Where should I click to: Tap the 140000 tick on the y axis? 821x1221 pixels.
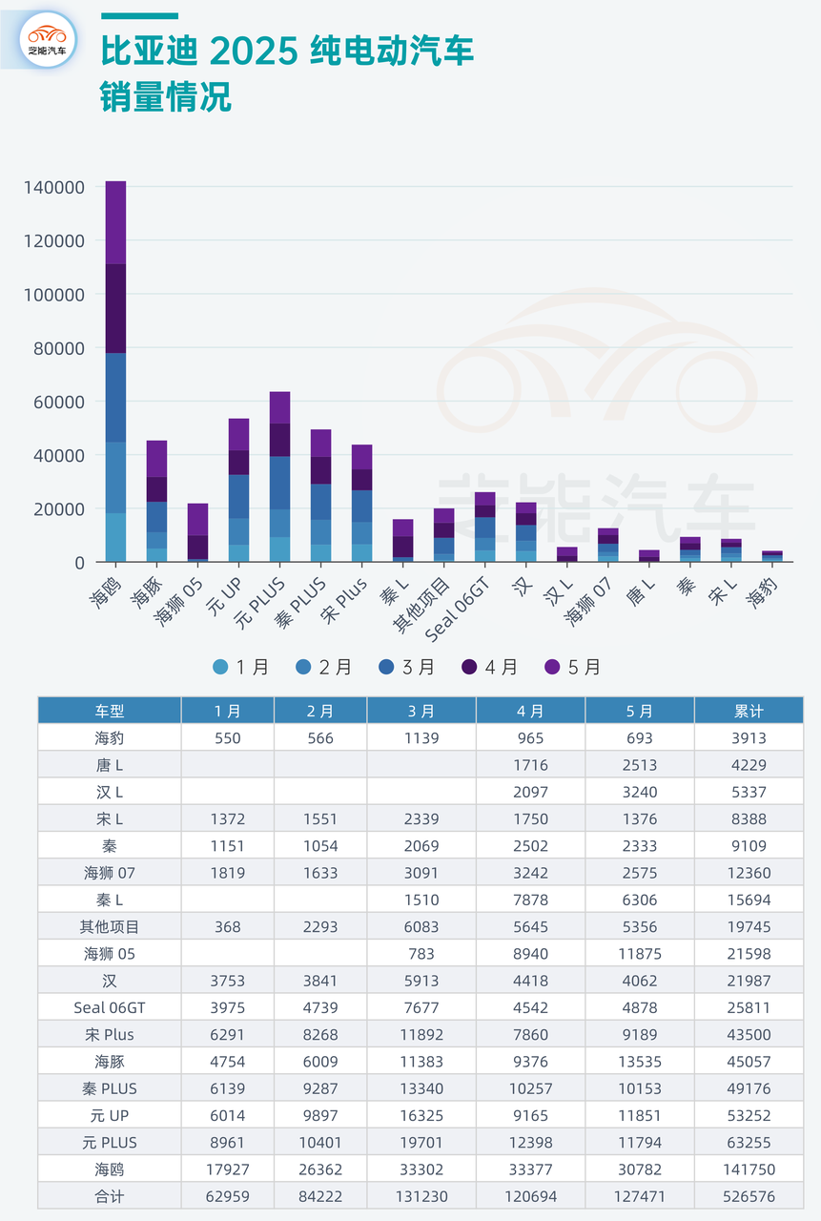coord(54,188)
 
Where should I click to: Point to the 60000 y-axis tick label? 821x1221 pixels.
coord(59,402)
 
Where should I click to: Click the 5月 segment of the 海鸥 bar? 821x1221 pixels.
coord(115,221)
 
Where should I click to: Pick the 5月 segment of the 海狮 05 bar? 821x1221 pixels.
coord(197,519)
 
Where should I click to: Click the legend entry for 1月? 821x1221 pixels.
coord(242,668)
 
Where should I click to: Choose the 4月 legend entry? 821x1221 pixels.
coord(490,668)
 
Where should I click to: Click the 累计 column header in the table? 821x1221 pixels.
coord(749,711)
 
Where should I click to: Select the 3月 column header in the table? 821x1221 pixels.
coord(421,711)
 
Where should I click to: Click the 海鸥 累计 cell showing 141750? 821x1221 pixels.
coord(749,1169)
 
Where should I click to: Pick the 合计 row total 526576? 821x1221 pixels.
coord(749,1196)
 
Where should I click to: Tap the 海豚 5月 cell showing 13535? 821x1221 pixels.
coord(640,1061)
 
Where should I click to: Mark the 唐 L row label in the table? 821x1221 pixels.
coord(109,764)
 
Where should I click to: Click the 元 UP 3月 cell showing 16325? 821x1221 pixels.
coord(421,1115)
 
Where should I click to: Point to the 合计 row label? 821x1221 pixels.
coord(109,1196)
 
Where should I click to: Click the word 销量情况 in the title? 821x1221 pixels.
coord(166,96)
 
